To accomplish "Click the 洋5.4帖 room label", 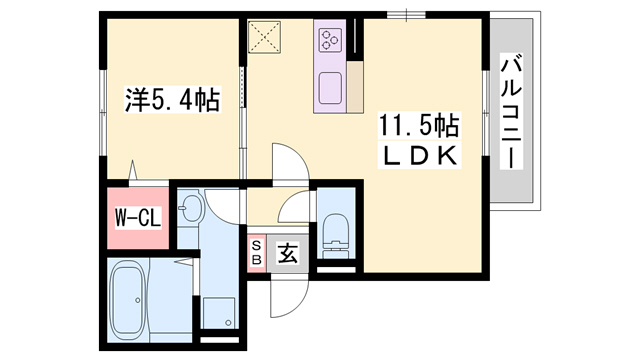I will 172,99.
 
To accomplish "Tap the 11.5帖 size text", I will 418,126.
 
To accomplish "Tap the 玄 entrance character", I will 287,254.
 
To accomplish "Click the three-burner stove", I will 331,41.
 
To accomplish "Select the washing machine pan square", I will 217,312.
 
